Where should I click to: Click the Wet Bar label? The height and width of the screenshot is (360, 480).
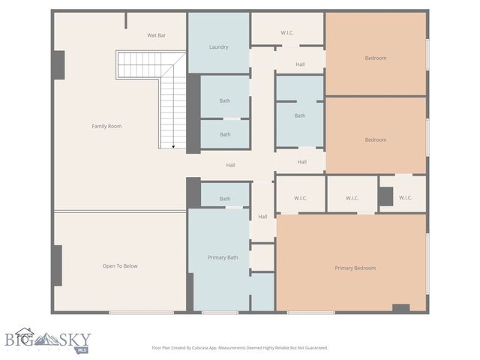157,35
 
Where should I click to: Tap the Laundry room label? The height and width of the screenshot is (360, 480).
218,47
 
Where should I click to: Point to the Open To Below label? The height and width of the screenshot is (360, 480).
120,266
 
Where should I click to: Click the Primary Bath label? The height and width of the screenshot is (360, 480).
223,258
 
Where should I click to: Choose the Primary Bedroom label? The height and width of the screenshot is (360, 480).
355,268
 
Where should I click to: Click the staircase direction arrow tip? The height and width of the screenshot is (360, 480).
173,147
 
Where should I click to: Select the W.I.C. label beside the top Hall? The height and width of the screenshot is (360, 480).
287,32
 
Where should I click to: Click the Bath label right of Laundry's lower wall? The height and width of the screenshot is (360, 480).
225,100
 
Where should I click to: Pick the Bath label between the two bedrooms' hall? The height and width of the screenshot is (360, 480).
300,115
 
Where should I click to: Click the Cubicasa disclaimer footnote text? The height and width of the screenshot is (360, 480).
239,348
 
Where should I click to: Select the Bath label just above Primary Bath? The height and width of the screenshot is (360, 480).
225,199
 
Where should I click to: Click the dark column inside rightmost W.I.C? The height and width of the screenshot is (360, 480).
385,196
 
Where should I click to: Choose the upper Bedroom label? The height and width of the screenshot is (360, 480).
376,58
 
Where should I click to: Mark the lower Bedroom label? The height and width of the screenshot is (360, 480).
376,139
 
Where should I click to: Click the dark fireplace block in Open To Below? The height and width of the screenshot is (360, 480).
57,265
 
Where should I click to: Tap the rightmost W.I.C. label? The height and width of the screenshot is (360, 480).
405,198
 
